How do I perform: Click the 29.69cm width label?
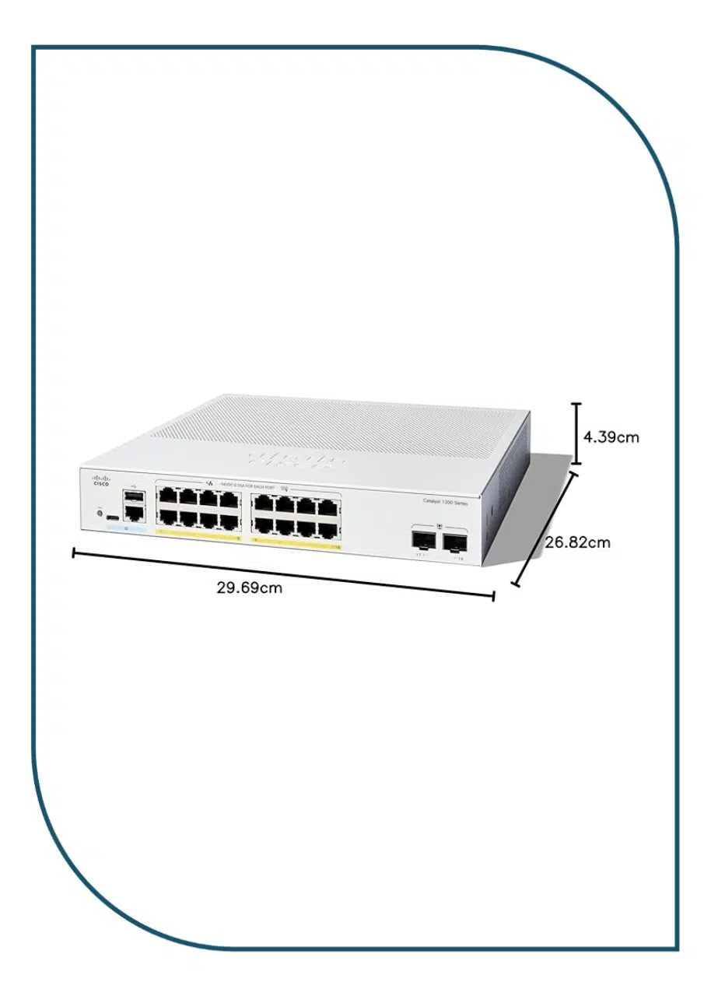(249, 587)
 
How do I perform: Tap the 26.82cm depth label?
(577, 542)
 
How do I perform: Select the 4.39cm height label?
(611, 437)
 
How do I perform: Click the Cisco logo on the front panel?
(101, 480)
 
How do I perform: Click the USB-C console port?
(113, 517)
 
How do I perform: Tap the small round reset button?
(99, 512)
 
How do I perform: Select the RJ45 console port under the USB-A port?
(133, 512)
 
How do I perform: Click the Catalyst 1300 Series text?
(445, 503)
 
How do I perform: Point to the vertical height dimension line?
(576, 433)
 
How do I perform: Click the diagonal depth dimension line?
(546, 526)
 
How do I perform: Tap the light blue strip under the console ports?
(125, 528)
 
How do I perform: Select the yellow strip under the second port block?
(296, 545)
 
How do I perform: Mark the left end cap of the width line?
(73, 553)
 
